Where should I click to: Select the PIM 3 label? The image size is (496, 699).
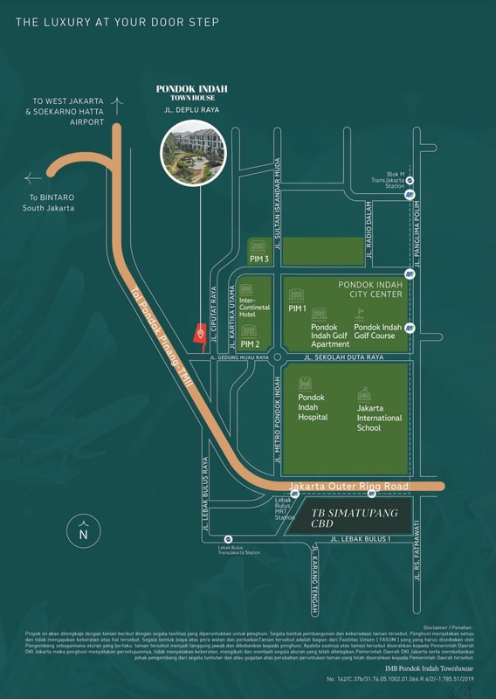click(258, 258)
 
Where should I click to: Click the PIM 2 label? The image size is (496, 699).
click(250, 344)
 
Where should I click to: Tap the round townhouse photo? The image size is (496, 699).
click(200, 149)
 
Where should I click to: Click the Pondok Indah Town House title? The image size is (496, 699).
click(200, 93)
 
